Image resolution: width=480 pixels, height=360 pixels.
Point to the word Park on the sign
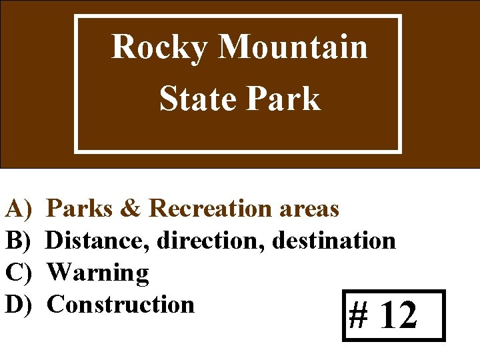tap(284, 99)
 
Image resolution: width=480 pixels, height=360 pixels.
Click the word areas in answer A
tap(311, 209)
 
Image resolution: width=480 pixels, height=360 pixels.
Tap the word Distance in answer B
tap(99, 241)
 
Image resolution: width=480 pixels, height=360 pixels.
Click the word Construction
tap(121, 305)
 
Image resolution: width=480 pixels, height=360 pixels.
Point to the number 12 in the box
tap(399, 315)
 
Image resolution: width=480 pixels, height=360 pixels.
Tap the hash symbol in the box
tap(359, 315)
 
